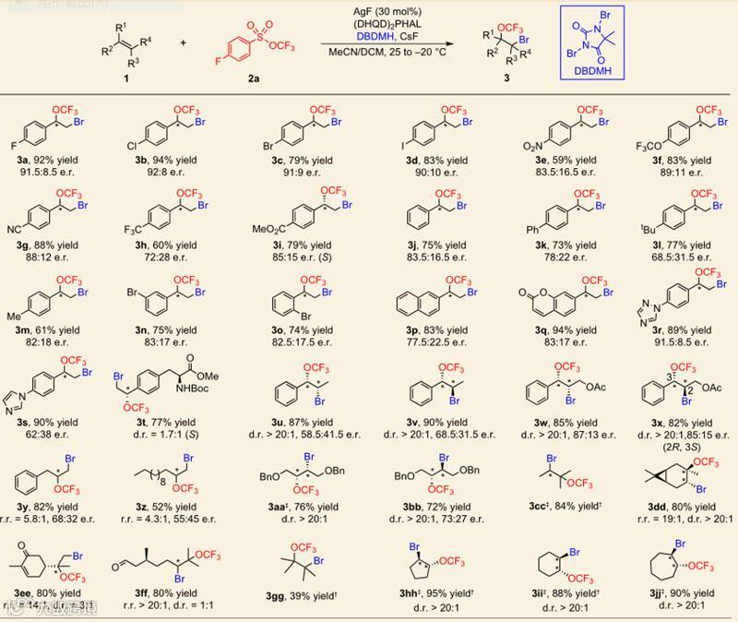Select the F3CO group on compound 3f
tap(616, 145)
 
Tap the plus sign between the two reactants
tap(183, 43)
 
